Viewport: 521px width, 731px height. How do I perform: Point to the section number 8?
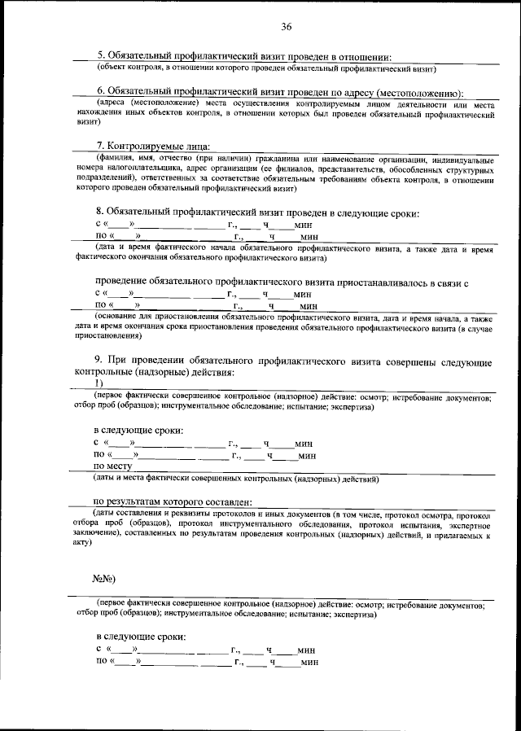pos(99,213)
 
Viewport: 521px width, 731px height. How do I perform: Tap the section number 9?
pos(98,361)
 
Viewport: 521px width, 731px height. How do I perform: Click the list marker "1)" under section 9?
pos(99,383)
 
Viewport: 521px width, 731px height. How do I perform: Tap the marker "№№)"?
pos(104,579)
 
